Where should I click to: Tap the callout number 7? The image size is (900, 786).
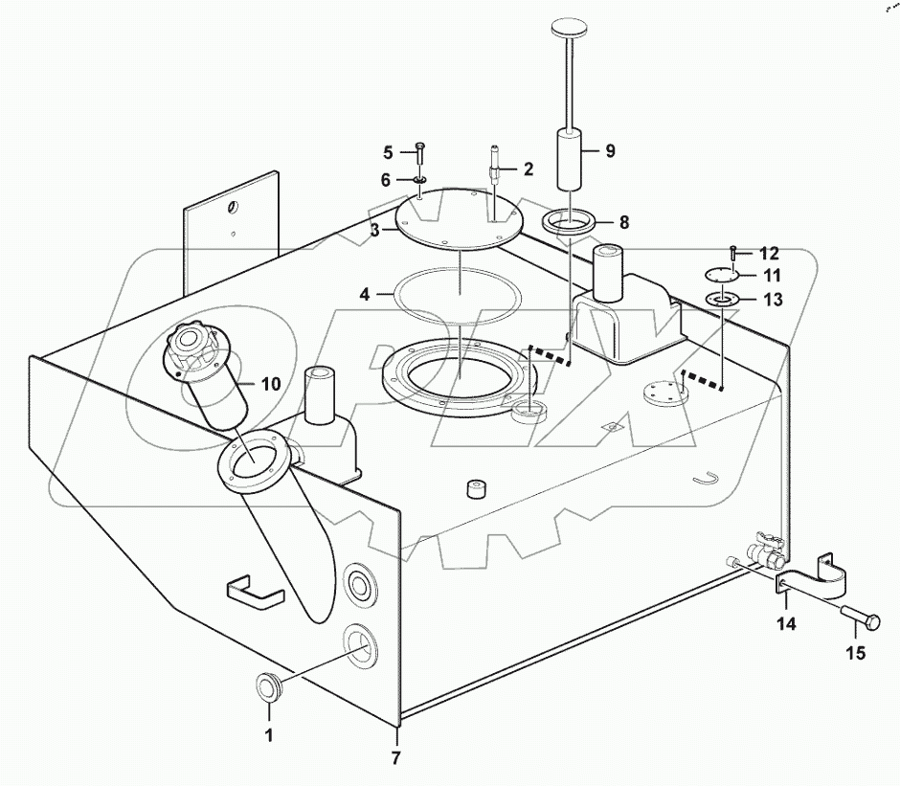coord(395,759)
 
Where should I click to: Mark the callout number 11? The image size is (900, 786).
coord(772,276)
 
